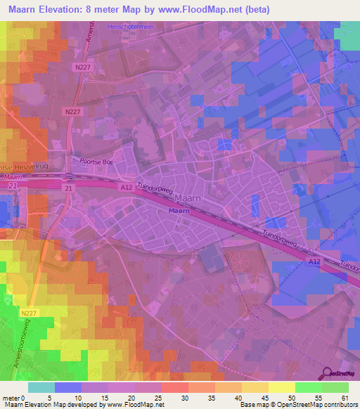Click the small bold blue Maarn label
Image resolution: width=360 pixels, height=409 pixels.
point(178,210)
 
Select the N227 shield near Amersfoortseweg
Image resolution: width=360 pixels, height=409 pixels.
point(28,313)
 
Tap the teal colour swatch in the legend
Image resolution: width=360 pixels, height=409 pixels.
point(41,387)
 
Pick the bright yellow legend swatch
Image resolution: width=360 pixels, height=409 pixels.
point(282,387)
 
